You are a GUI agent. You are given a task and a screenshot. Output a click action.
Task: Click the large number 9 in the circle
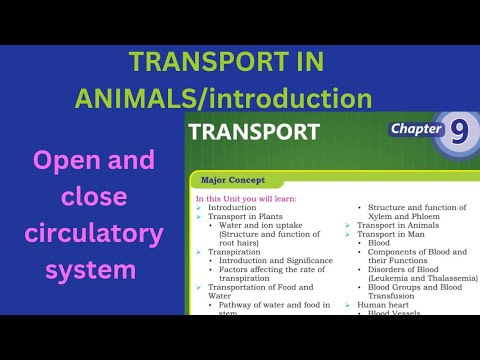[x=458, y=132]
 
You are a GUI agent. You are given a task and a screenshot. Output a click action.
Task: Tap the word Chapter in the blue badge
[x=416, y=130]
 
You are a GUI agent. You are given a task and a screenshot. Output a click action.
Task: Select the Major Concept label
[x=233, y=182]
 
